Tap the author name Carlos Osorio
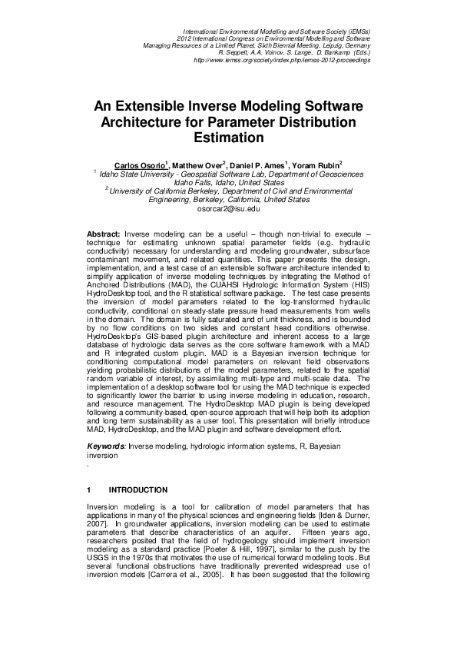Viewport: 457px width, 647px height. [x=141, y=165]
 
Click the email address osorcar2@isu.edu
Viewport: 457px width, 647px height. [x=229, y=209]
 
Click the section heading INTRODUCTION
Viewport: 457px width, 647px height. [x=138, y=489]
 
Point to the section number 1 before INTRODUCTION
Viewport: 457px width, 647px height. [x=90, y=489]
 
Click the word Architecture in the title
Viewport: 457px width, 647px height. [x=144, y=123]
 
